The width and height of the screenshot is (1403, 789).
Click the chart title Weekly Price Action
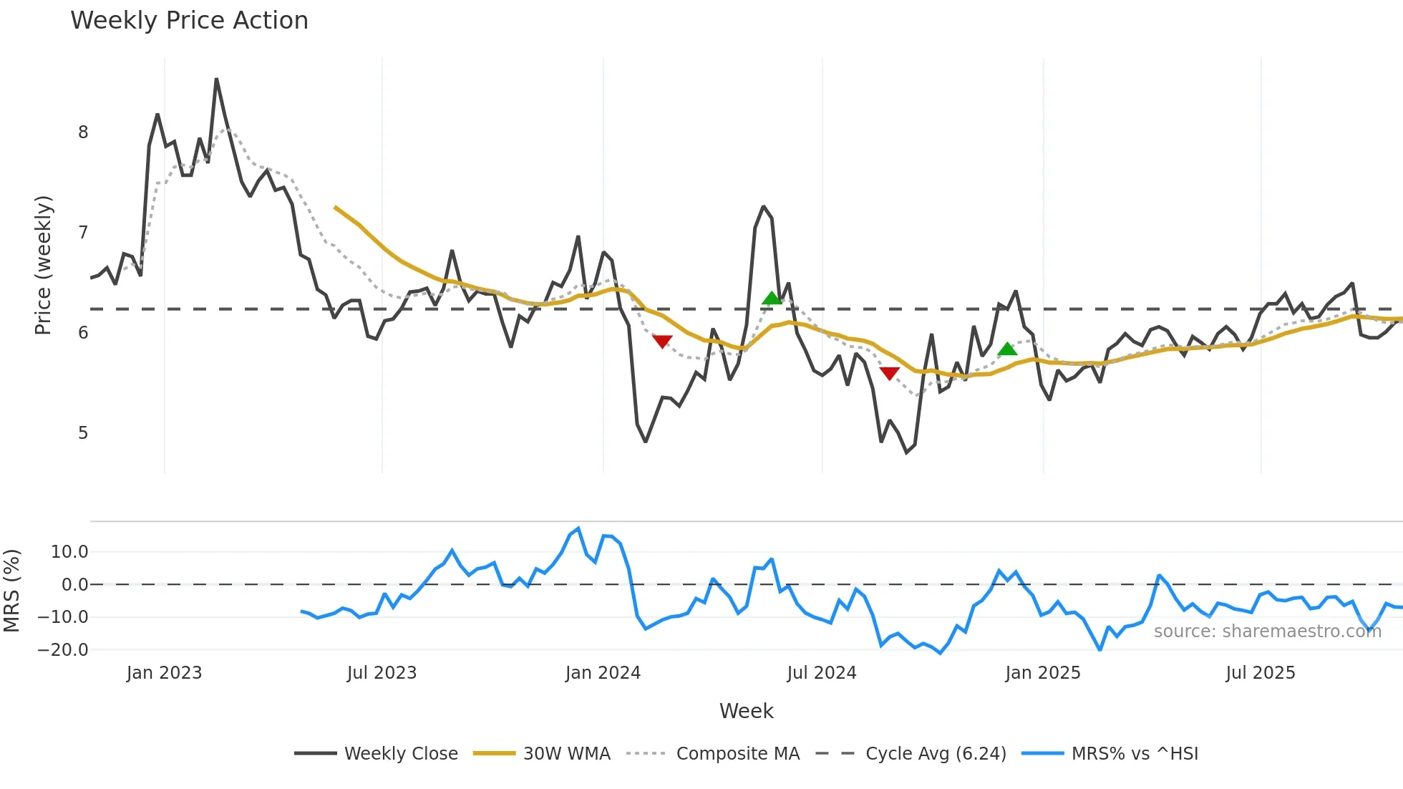189,21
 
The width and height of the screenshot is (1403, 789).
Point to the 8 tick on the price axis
83,132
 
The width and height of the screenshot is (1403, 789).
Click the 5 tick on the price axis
83,433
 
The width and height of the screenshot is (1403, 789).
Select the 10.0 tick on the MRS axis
69,552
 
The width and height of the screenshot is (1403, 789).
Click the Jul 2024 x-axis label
821,673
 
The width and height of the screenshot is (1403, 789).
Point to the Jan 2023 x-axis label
164,673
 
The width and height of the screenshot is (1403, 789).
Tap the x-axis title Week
746,711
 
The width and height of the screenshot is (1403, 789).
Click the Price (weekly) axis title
43,265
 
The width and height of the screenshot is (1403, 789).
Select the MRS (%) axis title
11,591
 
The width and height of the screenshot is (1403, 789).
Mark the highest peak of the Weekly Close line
216,79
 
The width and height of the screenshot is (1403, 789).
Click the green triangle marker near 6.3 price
771,299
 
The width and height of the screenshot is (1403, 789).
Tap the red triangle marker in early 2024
662,342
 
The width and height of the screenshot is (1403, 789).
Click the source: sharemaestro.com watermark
1267,631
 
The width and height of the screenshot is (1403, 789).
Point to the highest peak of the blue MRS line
578,528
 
